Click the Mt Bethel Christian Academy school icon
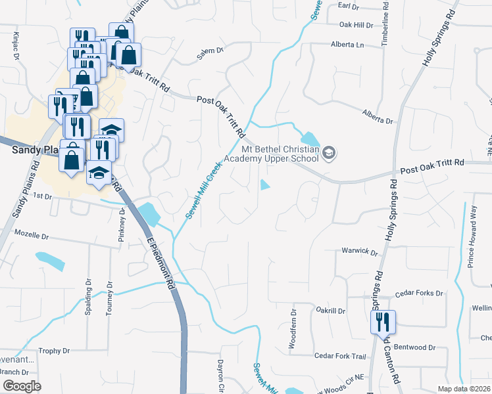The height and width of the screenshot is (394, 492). (x=330, y=154)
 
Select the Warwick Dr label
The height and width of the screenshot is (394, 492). (x=359, y=252)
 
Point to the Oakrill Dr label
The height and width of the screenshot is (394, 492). (x=330, y=310)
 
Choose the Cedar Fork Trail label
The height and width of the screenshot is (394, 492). (x=339, y=356)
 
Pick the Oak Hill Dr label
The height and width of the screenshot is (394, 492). (x=356, y=26)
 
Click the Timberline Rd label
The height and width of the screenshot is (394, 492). (x=385, y=24)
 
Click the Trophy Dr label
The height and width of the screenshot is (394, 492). (x=54, y=351)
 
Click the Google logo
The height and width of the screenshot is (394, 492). (x=22, y=386)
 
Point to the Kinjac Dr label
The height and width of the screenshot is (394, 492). (x=14, y=45)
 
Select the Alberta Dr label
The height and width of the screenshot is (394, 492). (x=377, y=116)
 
